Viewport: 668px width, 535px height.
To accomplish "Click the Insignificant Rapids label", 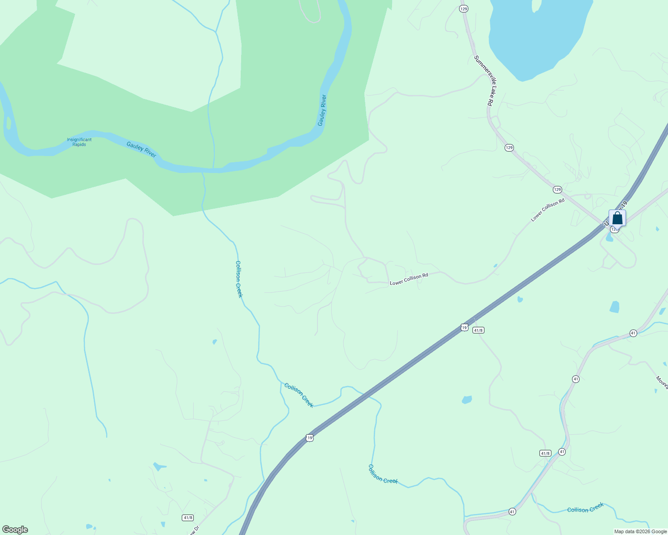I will pyautogui.click(x=79, y=142).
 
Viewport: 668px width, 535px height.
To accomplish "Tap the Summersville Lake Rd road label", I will pyautogui.click(x=483, y=80).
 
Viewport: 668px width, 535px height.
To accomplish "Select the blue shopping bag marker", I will pyautogui.click(x=617, y=218).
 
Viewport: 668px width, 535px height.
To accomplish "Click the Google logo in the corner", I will pyautogui.click(x=15, y=530).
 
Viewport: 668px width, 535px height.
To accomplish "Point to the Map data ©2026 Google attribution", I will pyautogui.click(x=640, y=531).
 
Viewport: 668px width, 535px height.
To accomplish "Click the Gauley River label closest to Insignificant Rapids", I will pyautogui.click(x=141, y=149).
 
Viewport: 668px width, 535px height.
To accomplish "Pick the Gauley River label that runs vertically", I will pyautogui.click(x=322, y=110).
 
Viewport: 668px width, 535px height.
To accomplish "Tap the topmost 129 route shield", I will pyautogui.click(x=464, y=9).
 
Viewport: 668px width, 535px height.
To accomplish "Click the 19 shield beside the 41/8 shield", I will pyautogui.click(x=464, y=328).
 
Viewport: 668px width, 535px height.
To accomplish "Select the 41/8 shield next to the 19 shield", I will pyautogui.click(x=478, y=330).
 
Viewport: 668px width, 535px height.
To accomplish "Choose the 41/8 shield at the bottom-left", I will pyautogui.click(x=188, y=518).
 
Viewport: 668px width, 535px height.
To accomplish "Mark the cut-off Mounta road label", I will pyautogui.click(x=662, y=383).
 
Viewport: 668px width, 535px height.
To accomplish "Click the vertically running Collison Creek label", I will pyautogui.click(x=239, y=279).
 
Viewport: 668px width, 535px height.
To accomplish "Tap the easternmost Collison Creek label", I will pyautogui.click(x=585, y=508).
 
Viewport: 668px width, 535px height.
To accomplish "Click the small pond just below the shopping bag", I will pyautogui.click(x=610, y=237).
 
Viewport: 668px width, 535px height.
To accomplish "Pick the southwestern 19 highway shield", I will pyautogui.click(x=309, y=438).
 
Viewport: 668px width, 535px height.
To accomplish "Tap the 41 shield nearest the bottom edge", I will pyautogui.click(x=512, y=511).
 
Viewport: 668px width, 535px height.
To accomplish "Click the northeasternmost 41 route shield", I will pyautogui.click(x=633, y=333).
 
